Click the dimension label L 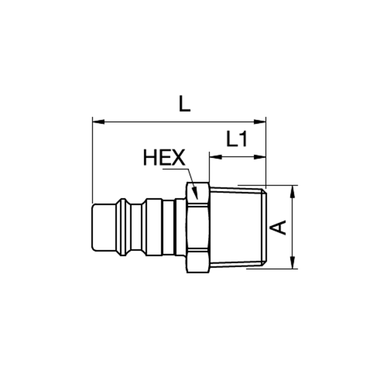click(x=185, y=103)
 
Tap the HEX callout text click(x=164, y=158)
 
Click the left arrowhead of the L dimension click(x=98, y=122)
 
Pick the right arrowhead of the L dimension click(x=260, y=122)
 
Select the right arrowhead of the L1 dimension click(x=260, y=157)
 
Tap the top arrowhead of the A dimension click(x=293, y=191)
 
